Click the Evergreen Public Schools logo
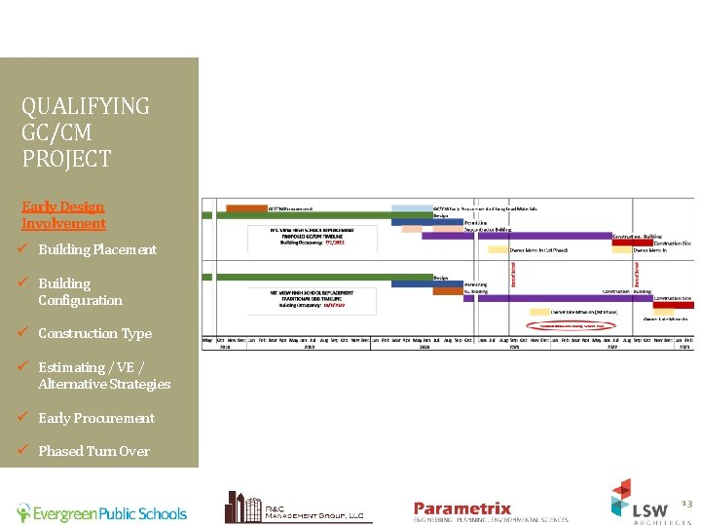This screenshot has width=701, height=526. click(101, 512)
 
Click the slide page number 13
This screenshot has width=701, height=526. click(685, 503)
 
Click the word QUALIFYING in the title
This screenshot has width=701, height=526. click(86, 106)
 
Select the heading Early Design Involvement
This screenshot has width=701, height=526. click(63, 214)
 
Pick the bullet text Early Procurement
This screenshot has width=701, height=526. click(96, 418)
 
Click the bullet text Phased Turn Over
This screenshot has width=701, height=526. click(93, 451)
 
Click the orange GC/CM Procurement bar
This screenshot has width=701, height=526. click(245, 207)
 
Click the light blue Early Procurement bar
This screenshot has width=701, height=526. click(411, 207)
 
